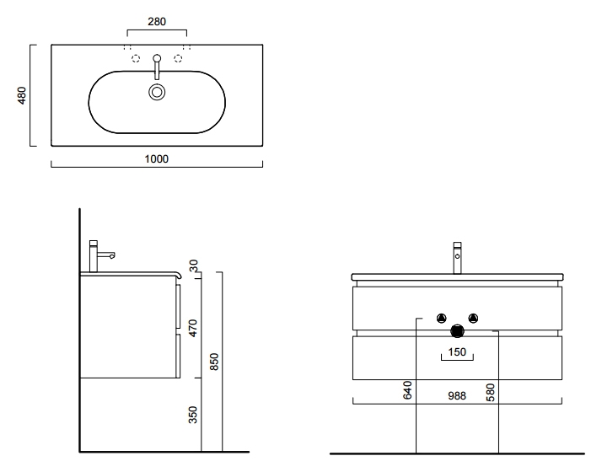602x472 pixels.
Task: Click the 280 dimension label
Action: (157, 21)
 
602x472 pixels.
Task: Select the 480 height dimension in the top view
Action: (22, 95)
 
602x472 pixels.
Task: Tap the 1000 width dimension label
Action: (156, 158)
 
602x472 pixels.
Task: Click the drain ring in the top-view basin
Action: (157, 92)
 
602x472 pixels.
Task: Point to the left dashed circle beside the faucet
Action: (136, 58)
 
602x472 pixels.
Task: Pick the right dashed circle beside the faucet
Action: (178, 58)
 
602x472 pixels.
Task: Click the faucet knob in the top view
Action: (157, 58)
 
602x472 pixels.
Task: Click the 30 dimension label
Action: (194, 265)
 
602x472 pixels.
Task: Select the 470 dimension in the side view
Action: (193, 328)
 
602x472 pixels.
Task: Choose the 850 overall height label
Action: (214, 362)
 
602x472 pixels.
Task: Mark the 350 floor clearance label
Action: (193, 415)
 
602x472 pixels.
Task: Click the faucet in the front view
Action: (457, 257)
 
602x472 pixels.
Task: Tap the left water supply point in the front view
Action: (442, 318)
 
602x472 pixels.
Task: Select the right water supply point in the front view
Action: (473, 318)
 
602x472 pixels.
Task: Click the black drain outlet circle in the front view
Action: (457, 330)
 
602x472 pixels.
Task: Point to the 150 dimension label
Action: (457, 351)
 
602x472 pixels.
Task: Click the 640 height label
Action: (408, 390)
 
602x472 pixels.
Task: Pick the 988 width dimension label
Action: (457, 395)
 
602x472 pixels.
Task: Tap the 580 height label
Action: (490, 393)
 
